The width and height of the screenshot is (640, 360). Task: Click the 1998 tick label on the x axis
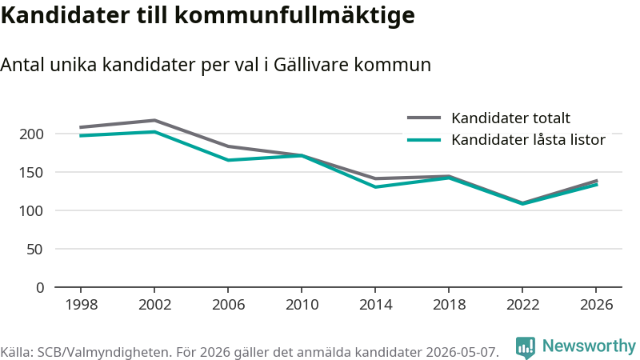(82, 305)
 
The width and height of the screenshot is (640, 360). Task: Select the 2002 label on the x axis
(154, 305)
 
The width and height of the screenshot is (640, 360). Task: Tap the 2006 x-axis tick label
(228, 305)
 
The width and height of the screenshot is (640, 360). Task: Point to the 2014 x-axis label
(375, 305)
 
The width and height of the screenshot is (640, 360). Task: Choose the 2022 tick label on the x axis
(522, 305)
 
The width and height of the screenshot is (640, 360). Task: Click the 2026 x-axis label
(596, 305)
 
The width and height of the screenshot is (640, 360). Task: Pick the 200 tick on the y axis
(31, 134)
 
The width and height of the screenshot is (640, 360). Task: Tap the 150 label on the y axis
(31, 173)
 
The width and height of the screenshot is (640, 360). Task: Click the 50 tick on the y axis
(35, 249)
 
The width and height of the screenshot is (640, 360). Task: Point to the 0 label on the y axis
(39, 288)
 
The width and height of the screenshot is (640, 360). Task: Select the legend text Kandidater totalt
(510, 118)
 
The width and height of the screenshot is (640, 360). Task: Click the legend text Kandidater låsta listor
(528, 139)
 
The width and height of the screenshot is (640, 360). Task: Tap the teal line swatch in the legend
(424, 140)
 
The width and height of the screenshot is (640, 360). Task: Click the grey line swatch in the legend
(424, 118)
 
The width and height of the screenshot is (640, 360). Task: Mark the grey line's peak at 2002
(154, 121)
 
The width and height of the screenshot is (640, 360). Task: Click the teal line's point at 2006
(228, 160)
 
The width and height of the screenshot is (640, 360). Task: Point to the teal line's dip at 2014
(375, 187)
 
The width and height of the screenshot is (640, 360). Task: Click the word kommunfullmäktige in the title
(294, 15)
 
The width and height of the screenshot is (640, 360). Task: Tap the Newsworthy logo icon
(526, 347)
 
